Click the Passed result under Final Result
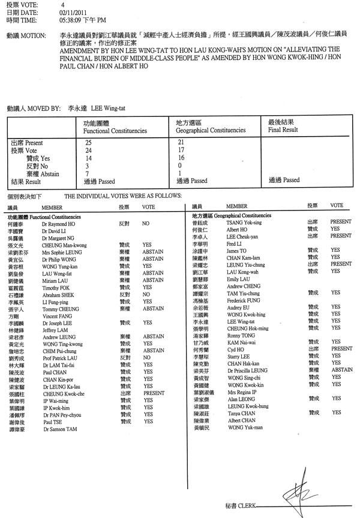[284, 180]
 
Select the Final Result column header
[283, 129]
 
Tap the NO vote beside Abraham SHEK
[145, 295]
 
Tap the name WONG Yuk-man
[245, 427]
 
